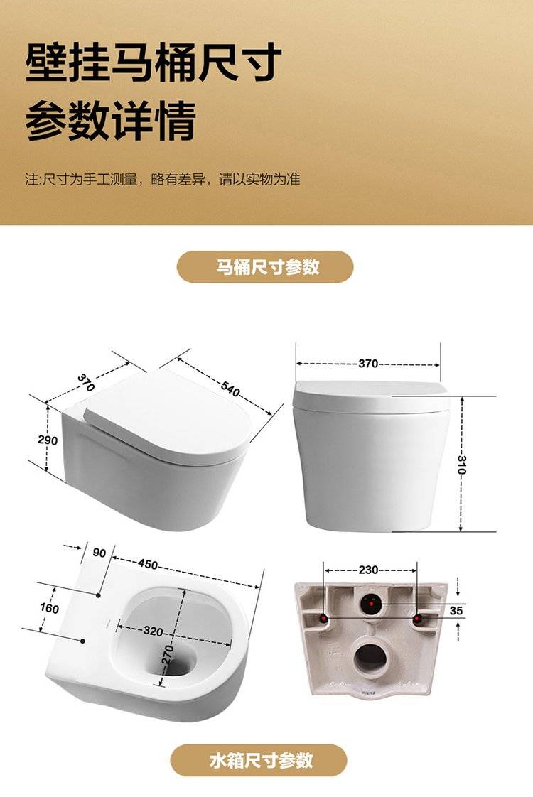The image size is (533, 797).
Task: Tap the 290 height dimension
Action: coord(48,440)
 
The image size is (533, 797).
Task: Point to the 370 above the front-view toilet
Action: coord(368,364)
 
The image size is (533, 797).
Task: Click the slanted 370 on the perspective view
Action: coord(86,382)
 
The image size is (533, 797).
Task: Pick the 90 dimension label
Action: coord(99,553)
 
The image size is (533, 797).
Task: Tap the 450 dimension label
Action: coord(148,564)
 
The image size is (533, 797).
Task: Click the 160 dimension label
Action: coord(49,609)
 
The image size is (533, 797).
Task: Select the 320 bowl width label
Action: coord(153,631)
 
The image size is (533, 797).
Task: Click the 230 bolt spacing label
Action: coord(368,570)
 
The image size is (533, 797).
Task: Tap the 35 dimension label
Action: coord(456,610)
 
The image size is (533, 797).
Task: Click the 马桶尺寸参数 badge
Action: coord(265,267)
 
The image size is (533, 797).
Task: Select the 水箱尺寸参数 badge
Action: coord(259,760)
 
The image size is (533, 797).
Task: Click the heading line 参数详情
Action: coord(110,121)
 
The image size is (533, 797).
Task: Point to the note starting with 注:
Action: coord(163,179)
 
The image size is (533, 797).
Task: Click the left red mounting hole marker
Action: coord(323,618)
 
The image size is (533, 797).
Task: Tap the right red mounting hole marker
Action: coord(417,618)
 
